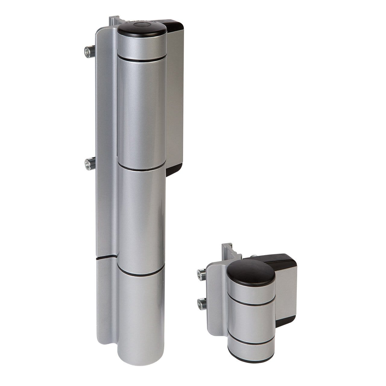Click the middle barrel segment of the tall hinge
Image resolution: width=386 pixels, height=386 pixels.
pos(141,217)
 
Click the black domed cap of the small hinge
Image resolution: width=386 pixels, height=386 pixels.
pos(251,270)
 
